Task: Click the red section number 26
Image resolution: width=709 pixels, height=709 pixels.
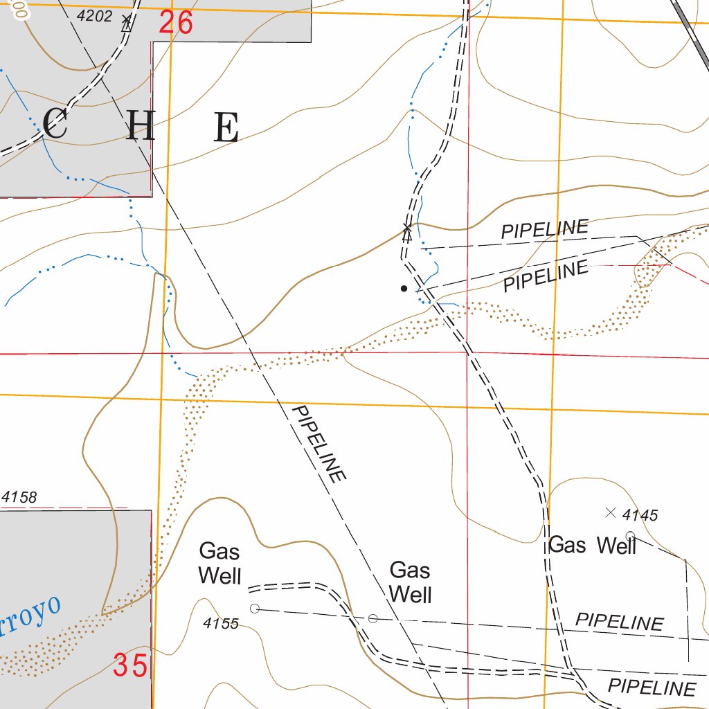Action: [175, 23]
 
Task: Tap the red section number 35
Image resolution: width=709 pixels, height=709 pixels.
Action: [131, 666]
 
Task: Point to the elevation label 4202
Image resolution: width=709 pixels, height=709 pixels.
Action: [94, 16]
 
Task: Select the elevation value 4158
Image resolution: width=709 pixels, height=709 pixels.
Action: [19, 497]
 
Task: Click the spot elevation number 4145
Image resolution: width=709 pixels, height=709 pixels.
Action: [640, 515]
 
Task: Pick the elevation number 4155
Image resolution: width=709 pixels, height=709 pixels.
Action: [221, 624]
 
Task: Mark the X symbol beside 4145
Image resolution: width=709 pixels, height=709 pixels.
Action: [610, 512]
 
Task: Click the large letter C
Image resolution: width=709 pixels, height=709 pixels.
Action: [55, 126]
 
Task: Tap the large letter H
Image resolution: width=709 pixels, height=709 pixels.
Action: [141, 127]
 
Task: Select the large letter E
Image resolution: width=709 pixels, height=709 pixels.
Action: [226, 127]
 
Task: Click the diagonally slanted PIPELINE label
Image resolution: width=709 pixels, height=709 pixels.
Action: [319, 445]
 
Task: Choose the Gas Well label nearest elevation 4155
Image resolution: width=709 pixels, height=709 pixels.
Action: [219, 564]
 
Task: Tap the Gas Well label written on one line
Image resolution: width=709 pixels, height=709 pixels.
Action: [592, 546]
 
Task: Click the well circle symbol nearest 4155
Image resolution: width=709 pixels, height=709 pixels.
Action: [254, 609]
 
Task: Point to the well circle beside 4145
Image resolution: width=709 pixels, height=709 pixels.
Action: [630, 535]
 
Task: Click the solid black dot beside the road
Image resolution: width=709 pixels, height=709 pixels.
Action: [404, 288]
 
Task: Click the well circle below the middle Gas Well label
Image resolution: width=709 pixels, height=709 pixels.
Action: [373, 618]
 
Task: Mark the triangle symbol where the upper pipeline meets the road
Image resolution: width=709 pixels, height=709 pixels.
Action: [407, 234]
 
